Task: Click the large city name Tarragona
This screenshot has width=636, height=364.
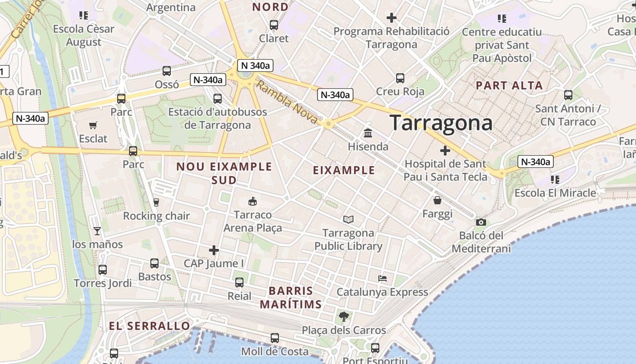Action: point(441,123)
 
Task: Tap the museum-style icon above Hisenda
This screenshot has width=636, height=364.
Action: point(368,133)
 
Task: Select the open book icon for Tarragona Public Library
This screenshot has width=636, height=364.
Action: point(348,220)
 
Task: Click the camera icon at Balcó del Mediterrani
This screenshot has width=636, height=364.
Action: point(481,222)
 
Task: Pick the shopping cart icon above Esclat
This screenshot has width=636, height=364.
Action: point(93,125)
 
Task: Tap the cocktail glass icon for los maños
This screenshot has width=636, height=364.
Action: point(97,231)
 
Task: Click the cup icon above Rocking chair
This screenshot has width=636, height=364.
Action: point(156,202)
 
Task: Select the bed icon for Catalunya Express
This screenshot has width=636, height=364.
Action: point(383,278)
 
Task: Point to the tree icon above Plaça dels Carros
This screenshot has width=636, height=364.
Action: point(344,316)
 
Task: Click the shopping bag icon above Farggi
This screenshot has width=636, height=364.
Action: point(437,200)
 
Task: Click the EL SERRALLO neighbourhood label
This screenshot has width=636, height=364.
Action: point(149,326)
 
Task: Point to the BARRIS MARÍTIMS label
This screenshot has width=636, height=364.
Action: point(291,298)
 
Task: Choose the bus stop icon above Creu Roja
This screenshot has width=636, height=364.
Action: point(400,78)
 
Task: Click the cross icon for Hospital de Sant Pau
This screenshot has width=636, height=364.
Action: point(445,150)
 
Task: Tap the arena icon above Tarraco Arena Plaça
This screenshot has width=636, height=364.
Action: point(253,201)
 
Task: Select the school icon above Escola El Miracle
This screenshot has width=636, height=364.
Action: point(555,180)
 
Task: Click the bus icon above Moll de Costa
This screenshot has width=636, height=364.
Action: point(274,338)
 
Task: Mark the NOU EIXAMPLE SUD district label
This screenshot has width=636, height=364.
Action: point(224,173)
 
